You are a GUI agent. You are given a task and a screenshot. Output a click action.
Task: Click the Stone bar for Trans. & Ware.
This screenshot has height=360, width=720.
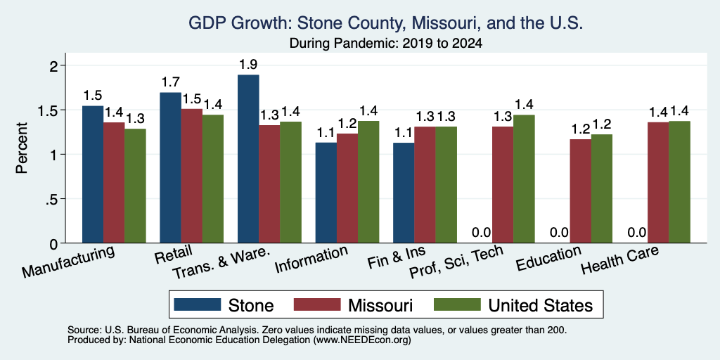[x=248, y=159]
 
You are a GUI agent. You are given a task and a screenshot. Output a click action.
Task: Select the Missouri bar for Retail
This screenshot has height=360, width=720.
[x=191, y=176]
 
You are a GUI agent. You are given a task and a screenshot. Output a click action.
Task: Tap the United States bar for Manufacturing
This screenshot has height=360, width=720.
[x=135, y=186]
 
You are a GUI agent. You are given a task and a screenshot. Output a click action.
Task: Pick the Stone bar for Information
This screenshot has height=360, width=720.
[x=326, y=193]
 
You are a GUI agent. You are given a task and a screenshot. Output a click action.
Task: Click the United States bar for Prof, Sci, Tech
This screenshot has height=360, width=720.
[x=524, y=179]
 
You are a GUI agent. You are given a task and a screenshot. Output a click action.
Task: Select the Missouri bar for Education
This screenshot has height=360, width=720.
[x=580, y=191]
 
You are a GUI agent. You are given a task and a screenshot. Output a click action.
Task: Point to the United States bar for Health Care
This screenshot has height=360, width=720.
[x=680, y=182]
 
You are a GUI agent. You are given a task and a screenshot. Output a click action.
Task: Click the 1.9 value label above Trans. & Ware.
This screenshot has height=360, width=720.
[x=248, y=65]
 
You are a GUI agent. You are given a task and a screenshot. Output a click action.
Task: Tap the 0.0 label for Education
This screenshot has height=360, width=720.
[x=559, y=233]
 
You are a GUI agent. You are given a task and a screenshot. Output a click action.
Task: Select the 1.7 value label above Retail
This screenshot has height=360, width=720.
[x=170, y=83]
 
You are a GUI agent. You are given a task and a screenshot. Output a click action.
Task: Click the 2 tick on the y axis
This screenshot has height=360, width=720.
[x=55, y=65]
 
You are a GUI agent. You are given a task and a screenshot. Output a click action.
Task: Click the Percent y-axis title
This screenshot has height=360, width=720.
[x=22, y=148]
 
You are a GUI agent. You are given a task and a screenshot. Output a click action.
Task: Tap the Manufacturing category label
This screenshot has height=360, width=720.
[x=68, y=262]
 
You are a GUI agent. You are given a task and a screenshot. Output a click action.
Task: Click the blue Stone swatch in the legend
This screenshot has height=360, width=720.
[x=198, y=304]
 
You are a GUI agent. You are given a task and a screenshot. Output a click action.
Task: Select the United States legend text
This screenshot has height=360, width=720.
[x=540, y=305]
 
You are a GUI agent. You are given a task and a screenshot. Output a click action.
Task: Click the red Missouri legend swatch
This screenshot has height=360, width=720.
[x=317, y=304]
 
